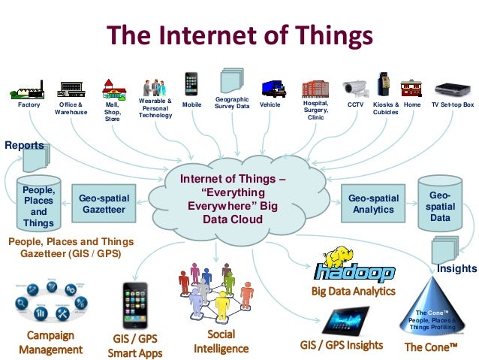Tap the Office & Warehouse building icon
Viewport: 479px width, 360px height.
71,89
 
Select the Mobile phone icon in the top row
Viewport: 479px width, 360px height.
191,85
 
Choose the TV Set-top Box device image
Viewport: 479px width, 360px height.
453,89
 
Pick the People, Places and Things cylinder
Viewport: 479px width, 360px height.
38,203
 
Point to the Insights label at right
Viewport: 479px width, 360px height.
456,268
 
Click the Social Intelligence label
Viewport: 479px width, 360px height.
221,341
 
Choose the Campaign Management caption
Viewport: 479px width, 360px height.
50,342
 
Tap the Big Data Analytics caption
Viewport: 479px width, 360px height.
352,291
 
